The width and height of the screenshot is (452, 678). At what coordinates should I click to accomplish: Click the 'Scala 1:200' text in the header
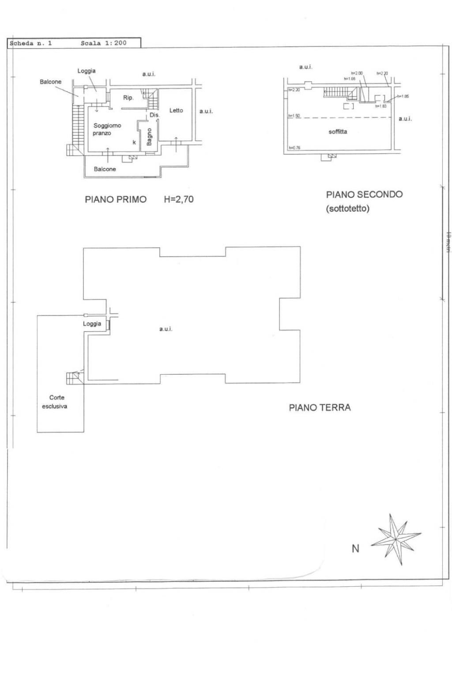tap(103, 43)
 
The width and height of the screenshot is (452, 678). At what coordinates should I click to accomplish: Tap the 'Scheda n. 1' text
tap(31, 43)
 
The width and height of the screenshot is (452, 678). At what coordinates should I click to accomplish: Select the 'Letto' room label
tap(176, 110)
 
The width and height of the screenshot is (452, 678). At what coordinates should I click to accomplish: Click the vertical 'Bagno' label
tap(149, 137)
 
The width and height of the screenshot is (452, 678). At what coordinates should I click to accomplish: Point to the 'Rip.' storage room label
tap(128, 98)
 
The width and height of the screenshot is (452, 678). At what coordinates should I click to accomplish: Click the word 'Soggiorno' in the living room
tap(107, 126)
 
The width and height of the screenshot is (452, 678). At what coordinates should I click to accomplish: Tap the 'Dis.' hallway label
tap(154, 115)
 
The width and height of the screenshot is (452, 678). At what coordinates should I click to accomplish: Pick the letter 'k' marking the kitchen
tap(134, 143)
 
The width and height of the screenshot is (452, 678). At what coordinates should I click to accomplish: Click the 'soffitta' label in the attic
tap(338, 132)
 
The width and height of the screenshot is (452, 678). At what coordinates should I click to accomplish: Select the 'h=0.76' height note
tap(294, 148)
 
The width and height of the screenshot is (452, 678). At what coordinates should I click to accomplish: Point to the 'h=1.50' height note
tap(294, 116)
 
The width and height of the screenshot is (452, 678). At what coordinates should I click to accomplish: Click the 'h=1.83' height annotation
tap(380, 106)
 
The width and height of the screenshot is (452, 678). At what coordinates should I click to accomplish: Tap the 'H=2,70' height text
tap(178, 199)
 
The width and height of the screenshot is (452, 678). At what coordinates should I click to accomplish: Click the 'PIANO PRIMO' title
tap(116, 200)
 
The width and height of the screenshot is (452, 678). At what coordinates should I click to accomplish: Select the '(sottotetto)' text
tap(347, 208)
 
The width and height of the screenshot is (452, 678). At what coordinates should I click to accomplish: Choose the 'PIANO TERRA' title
tap(320, 407)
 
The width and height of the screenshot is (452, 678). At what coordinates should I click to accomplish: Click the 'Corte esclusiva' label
tap(55, 402)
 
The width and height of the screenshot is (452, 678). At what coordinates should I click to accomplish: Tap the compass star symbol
tap(395, 539)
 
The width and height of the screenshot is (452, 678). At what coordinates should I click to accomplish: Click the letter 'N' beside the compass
tap(355, 549)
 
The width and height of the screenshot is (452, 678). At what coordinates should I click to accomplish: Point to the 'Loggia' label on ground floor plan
tap(92, 324)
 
